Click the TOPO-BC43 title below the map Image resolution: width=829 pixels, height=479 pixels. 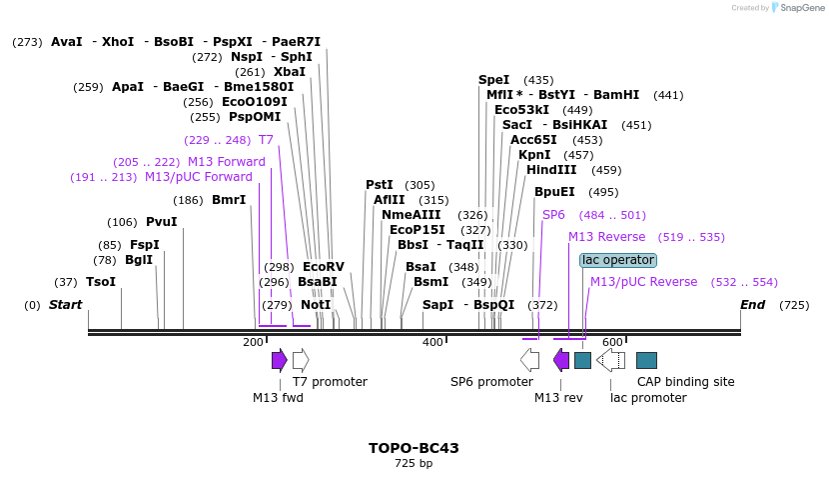pyautogui.click(x=414, y=448)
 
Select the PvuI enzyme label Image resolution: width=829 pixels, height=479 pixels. pyautogui.click(x=161, y=222)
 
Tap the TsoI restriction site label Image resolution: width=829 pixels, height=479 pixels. pyautogui.click(x=100, y=282)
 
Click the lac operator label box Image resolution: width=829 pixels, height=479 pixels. pyautogui.click(x=618, y=260)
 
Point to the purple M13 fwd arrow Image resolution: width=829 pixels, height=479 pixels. pyautogui.click(x=280, y=360)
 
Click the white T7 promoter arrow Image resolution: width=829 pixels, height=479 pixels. pyautogui.click(x=301, y=360)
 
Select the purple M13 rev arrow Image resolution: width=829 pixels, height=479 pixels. pyautogui.click(x=561, y=360)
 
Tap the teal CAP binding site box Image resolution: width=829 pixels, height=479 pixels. pyautogui.click(x=646, y=360)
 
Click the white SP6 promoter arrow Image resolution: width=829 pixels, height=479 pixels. pyautogui.click(x=530, y=360)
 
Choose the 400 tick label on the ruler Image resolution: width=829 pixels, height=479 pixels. pyautogui.click(x=432, y=343)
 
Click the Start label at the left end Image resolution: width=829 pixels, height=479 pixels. pyautogui.click(x=66, y=304)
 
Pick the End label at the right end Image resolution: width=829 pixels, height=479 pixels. pyautogui.click(x=752, y=304)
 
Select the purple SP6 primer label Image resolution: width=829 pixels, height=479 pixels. pyautogui.click(x=553, y=215)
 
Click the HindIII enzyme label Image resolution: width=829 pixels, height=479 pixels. pyautogui.click(x=551, y=170)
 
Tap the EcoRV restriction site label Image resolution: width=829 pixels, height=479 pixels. pyautogui.click(x=323, y=267)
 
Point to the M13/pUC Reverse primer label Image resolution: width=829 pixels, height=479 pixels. pyautogui.click(x=643, y=282)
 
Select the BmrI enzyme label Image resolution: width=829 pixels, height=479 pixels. pyautogui.click(x=229, y=200)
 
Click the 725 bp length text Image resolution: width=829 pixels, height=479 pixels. pyautogui.click(x=414, y=464)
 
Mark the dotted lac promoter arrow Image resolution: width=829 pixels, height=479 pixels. pyautogui.click(x=610, y=360)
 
